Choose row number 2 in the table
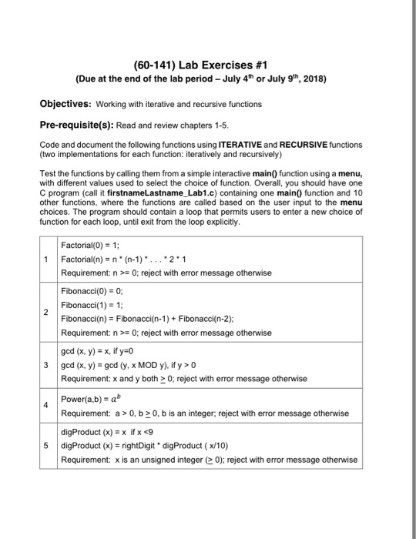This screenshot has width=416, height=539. [47, 312]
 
